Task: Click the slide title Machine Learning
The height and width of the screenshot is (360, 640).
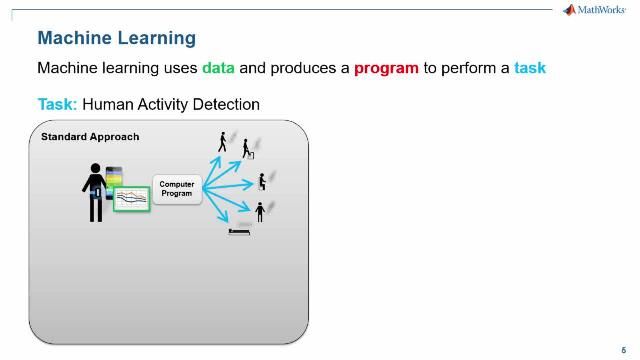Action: coord(116,38)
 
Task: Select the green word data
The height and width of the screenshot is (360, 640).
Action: coord(218,69)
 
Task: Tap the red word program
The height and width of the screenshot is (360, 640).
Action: coord(385,69)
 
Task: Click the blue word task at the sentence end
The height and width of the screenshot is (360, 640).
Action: coord(529,69)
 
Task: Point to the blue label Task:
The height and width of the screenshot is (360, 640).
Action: coord(57,104)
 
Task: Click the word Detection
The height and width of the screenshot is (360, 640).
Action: coord(225,104)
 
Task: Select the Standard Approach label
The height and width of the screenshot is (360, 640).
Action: coord(90,136)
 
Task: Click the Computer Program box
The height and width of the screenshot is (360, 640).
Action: coord(177,188)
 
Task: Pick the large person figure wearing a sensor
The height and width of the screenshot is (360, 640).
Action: coord(95,190)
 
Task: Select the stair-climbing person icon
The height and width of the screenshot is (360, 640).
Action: coord(245,149)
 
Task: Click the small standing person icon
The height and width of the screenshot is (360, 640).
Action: coord(260,211)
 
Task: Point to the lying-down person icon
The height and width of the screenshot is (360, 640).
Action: coord(240,231)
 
